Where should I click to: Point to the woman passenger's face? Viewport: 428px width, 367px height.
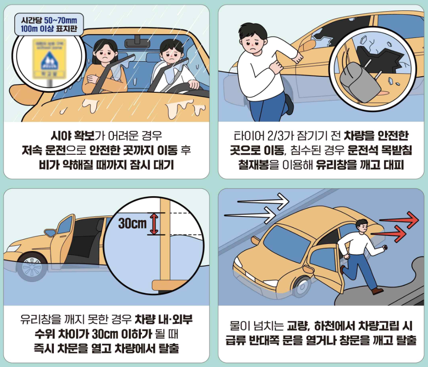(x=104, y=52)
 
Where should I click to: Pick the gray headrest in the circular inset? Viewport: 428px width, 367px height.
(x=357, y=81)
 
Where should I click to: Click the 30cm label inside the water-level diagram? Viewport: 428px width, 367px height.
(x=132, y=223)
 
